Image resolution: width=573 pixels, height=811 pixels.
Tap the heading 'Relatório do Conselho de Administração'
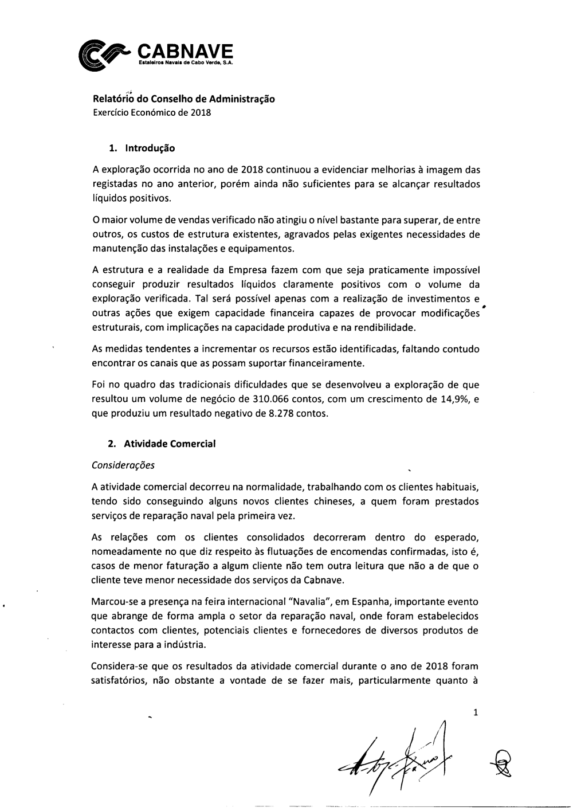click(183, 99)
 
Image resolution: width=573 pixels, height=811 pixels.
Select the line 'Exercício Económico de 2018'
click(152, 113)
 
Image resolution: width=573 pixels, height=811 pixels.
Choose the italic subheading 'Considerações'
click(123, 465)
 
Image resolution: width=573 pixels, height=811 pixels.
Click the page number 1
click(476, 713)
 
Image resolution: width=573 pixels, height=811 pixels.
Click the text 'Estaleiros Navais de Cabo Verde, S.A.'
click(186, 63)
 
